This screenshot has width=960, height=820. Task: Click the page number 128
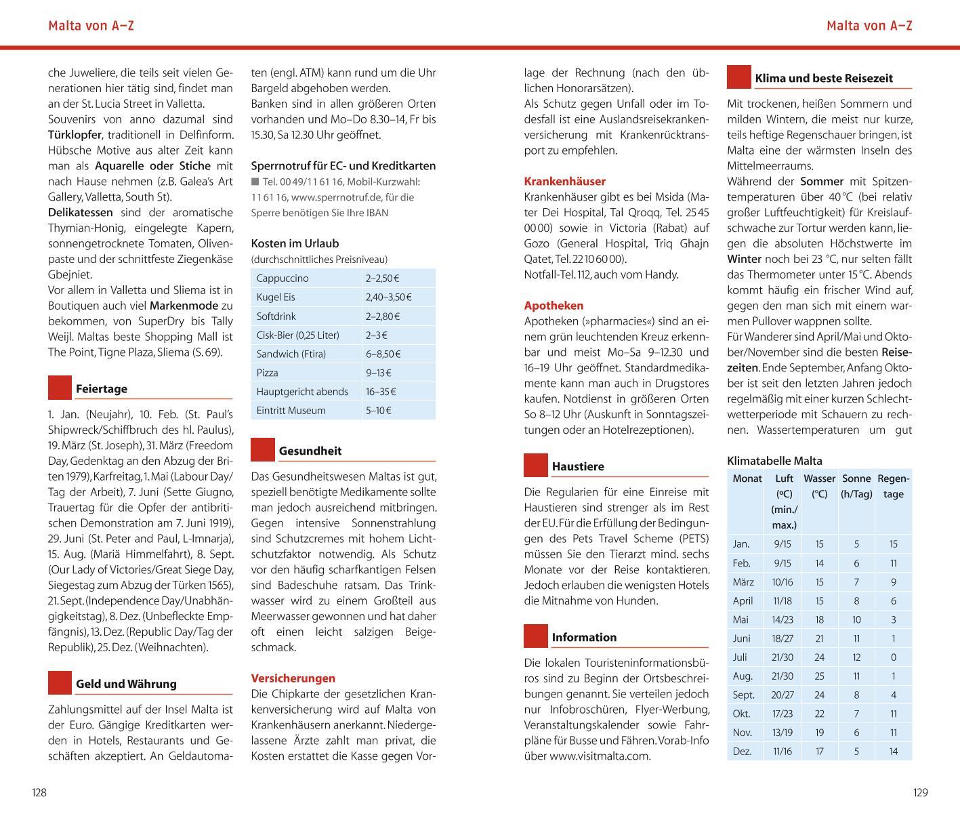coord(39,792)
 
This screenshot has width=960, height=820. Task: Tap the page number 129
coord(920,792)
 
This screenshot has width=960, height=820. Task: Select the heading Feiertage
coord(102,389)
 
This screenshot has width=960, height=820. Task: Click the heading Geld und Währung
coord(126,684)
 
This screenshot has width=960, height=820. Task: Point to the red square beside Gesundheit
coord(263,450)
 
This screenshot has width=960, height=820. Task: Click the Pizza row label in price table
coord(267,373)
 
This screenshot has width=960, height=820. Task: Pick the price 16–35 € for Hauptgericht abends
coord(381,392)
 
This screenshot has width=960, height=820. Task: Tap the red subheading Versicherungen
coord(293,678)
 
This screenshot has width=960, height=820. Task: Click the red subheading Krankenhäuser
coord(565,182)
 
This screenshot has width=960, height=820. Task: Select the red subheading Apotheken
coord(554,306)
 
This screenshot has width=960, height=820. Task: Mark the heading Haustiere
coord(578,466)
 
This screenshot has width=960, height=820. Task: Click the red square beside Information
coord(536,636)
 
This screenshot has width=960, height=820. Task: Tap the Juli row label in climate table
coord(740,657)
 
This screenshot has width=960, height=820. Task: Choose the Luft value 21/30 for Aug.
coord(782,676)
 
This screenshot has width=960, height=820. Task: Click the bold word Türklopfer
coord(75,135)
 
